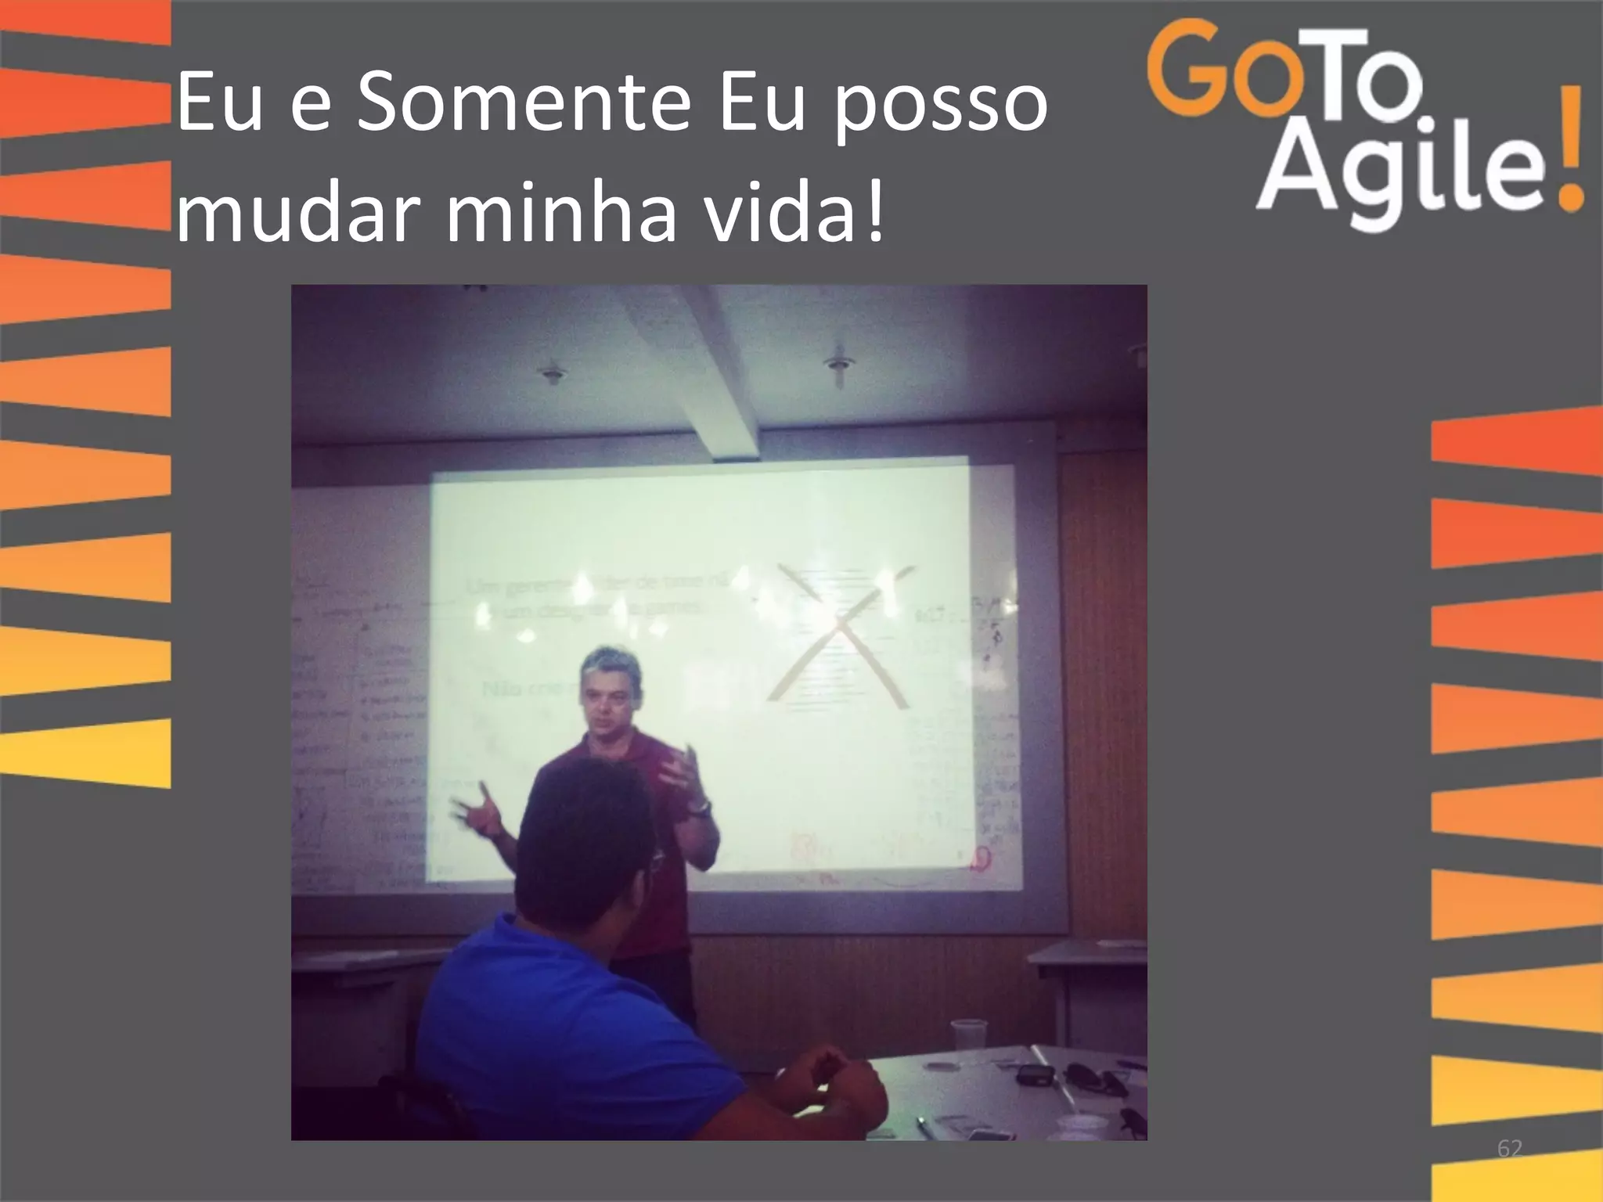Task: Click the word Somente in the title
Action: point(523,103)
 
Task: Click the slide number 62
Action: point(1509,1149)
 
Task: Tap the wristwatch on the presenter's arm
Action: point(701,808)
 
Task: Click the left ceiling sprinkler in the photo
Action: point(554,372)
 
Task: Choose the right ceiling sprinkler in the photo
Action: point(839,366)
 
